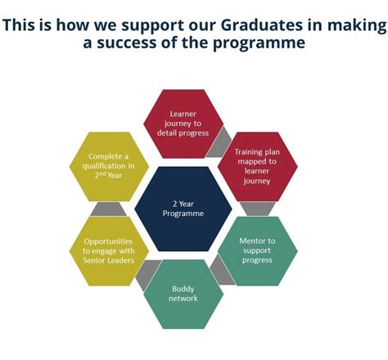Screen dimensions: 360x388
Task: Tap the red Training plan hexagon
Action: coord(255,167)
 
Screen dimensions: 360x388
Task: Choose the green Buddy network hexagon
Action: coord(183,293)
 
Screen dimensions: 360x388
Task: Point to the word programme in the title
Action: coord(261,43)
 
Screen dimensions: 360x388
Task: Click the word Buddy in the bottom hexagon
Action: coord(183,288)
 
